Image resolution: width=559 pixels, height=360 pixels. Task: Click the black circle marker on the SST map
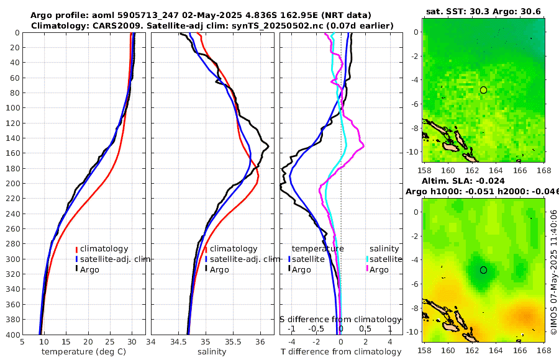point(483,90)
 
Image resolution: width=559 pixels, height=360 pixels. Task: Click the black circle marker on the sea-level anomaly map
point(483,270)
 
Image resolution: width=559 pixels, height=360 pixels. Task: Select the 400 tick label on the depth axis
point(12,335)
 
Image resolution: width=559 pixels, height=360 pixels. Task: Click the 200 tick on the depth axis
point(12,184)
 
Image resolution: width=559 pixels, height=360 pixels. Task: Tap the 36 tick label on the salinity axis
point(260,341)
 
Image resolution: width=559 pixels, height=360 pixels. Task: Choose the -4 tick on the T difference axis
point(290,341)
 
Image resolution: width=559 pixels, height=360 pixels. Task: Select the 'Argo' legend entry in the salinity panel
point(219,269)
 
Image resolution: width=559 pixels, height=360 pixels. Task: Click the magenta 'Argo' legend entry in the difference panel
point(379,269)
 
